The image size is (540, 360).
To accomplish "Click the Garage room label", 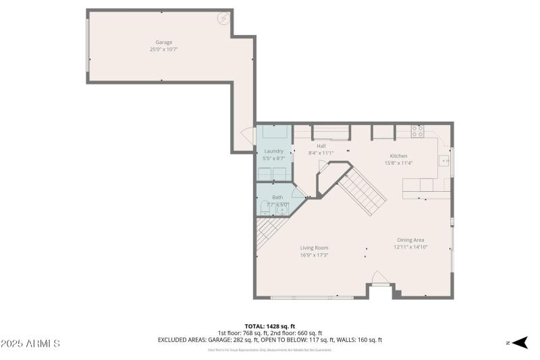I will [163, 43].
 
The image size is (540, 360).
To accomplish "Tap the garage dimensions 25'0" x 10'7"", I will [163, 49].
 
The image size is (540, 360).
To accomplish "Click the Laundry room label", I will [274, 151].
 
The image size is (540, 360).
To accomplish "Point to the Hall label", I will [321, 145].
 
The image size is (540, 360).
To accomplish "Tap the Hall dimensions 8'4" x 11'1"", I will [321, 153].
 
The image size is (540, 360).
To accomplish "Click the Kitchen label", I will [398, 156].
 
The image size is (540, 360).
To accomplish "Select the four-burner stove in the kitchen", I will [418, 131].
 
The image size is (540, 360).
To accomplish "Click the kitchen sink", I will [444, 161].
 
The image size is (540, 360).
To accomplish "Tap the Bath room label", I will [277, 197].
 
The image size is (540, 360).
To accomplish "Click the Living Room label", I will [315, 248].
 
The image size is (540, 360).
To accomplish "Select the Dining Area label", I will [410, 240].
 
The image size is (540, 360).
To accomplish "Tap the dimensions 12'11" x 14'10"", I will [410, 247].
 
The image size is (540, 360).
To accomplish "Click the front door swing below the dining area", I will [380, 278].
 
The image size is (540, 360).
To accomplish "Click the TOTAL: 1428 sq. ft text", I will [270, 326].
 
